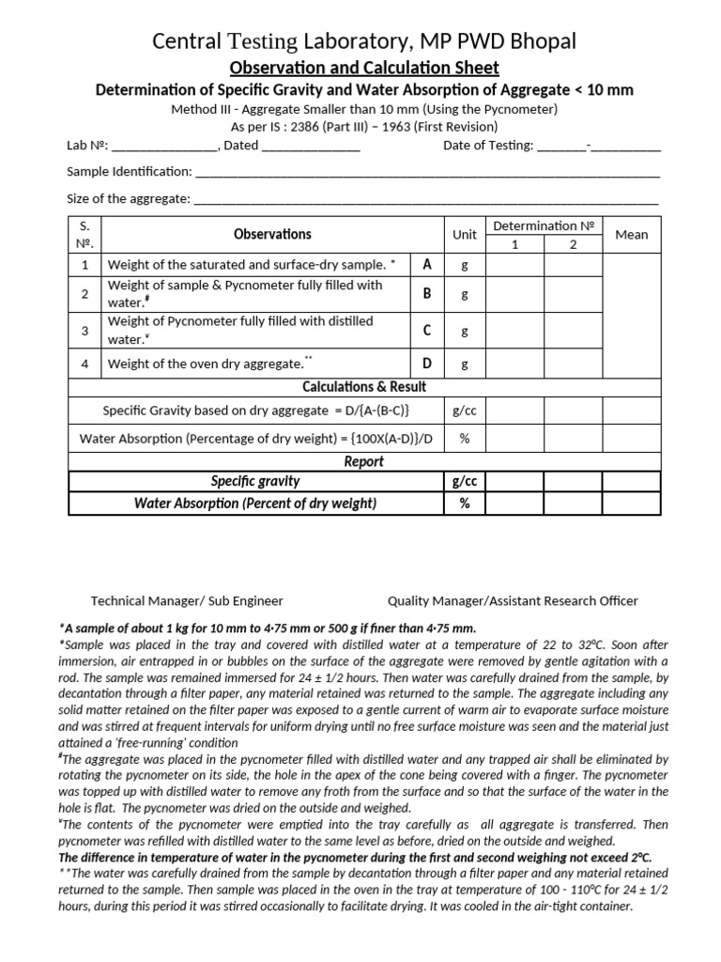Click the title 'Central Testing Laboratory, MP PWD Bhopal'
pyautogui.click(x=364, y=41)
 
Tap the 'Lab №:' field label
pyautogui.click(x=87, y=146)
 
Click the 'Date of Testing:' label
pyautogui.click(x=487, y=146)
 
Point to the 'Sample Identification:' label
pyautogui.click(x=129, y=172)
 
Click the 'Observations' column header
pyautogui.click(x=272, y=234)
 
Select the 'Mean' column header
pyautogui.click(x=632, y=234)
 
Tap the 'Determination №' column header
pyautogui.click(x=545, y=225)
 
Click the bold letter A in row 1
pyautogui.click(x=427, y=265)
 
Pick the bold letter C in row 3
pyautogui.click(x=427, y=331)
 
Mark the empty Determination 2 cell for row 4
pyautogui.click(x=573, y=363)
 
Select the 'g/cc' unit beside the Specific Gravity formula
pyautogui.click(x=465, y=411)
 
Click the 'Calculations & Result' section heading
pyautogui.click(x=364, y=386)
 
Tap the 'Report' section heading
pyautogui.click(x=364, y=461)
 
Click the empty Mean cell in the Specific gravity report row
pyautogui.click(x=632, y=481)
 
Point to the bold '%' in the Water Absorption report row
pyautogui.click(x=464, y=504)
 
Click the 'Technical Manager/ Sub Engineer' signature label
pyautogui.click(x=187, y=600)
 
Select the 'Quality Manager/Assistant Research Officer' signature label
pyautogui.click(x=513, y=600)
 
